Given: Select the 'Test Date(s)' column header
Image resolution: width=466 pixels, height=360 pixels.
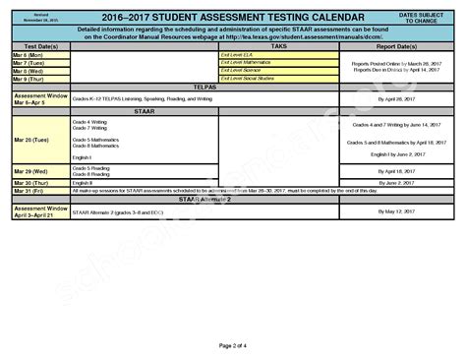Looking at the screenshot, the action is (39, 46).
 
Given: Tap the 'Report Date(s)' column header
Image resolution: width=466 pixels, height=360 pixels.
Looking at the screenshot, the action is (396, 46).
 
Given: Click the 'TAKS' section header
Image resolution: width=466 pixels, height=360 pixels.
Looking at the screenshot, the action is (278, 46).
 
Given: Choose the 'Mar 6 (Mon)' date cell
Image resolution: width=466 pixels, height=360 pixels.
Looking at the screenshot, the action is (28, 55).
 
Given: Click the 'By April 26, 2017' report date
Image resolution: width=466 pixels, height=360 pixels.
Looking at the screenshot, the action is (396, 99).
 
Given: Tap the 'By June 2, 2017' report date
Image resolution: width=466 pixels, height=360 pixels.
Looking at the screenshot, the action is (396, 182).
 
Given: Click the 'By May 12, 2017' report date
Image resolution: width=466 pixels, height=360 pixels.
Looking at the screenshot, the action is (396, 211).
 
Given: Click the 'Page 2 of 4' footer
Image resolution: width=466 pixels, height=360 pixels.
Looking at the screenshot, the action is (233, 345).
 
